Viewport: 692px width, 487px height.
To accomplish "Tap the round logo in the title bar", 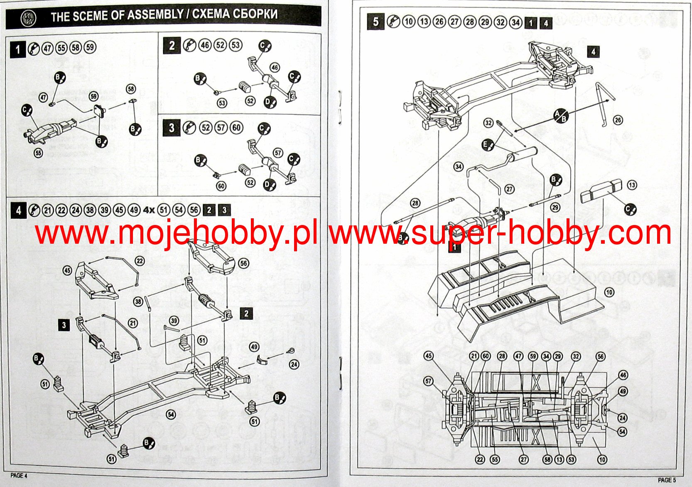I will (x=28, y=17).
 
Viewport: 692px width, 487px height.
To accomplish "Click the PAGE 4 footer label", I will (x=19, y=475).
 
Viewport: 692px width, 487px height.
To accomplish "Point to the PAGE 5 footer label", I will (x=667, y=480).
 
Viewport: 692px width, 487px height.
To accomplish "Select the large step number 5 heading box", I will (x=375, y=21).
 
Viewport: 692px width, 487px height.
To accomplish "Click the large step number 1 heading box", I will (x=18, y=49).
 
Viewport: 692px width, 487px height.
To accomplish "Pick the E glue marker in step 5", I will (x=488, y=145).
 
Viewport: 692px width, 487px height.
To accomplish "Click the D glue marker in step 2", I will (x=270, y=102).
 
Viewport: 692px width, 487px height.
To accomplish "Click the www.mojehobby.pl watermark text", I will (x=177, y=234).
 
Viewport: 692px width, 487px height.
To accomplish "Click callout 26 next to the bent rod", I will (x=618, y=120).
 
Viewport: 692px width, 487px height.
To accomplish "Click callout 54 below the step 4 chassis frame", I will (x=171, y=414).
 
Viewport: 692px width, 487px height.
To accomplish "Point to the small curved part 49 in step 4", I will (x=263, y=360).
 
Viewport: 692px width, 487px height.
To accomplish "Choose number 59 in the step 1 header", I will (x=90, y=47).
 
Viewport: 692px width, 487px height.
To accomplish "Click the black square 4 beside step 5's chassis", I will (x=593, y=52).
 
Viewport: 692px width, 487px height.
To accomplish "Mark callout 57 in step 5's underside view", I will (x=429, y=381).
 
